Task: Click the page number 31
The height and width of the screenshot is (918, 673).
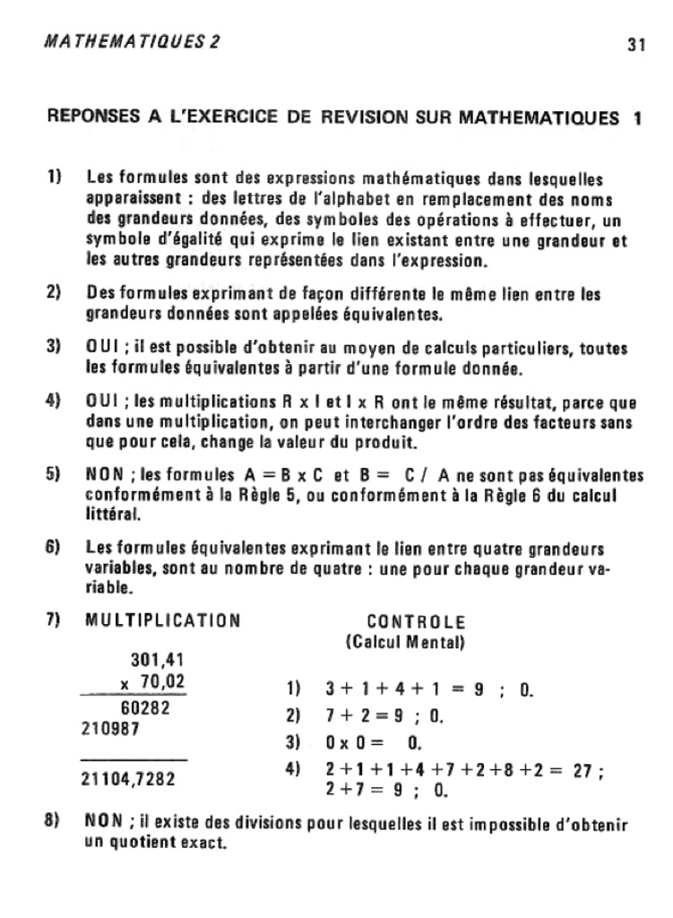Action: point(636,45)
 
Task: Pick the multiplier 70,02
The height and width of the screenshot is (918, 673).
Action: point(157,681)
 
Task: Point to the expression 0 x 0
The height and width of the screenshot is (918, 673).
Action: point(347,742)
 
